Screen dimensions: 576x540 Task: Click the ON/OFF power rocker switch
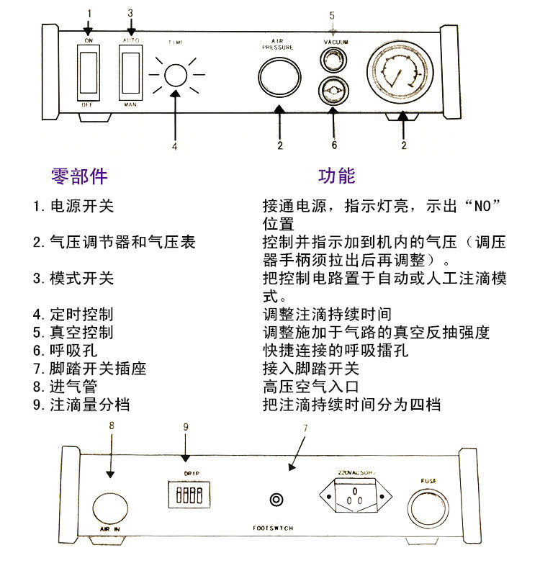click(x=89, y=73)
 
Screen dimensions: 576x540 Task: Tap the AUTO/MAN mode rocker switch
click(x=130, y=73)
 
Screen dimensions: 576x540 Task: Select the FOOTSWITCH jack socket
click(x=275, y=500)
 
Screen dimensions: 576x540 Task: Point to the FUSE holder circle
click(x=429, y=504)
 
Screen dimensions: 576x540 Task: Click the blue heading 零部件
click(x=79, y=176)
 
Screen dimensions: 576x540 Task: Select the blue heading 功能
click(x=337, y=176)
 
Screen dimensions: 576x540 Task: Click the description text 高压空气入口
click(x=311, y=387)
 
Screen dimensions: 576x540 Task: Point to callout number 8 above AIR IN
click(x=111, y=426)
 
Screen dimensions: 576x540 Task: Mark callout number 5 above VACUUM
click(x=332, y=14)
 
